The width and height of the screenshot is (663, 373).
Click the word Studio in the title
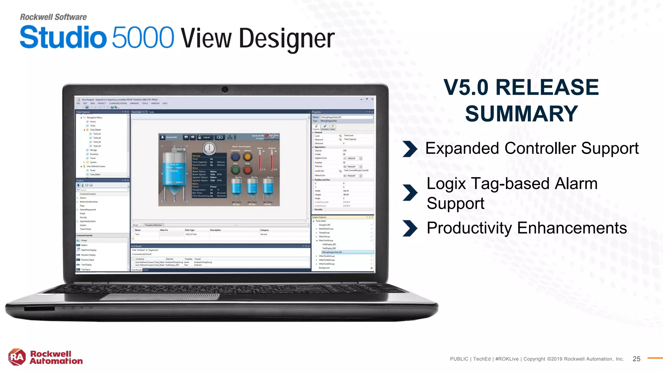pyautogui.click(x=63, y=38)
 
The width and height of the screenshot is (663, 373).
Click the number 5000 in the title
pyautogui.click(x=143, y=38)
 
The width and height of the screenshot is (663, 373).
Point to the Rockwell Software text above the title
pyautogui.click(x=53, y=17)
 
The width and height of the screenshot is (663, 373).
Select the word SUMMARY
pyautogui.click(x=521, y=114)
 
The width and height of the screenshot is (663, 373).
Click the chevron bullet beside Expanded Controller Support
pyautogui.click(x=410, y=149)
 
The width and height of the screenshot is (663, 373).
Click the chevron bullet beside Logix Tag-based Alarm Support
pyautogui.click(x=410, y=193)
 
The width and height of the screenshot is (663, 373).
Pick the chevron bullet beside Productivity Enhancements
pyautogui.click(x=410, y=228)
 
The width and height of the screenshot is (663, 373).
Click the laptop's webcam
pyautogui.click(x=225, y=89)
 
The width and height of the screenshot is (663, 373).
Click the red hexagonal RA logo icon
pyautogui.click(x=17, y=357)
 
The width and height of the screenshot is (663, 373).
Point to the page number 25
pyautogui.click(x=636, y=359)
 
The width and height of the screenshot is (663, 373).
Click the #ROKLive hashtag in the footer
pyautogui.click(x=507, y=359)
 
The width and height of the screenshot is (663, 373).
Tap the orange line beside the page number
pyautogui.click(x=655, y=358)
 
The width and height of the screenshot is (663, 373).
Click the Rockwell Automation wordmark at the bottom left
pyautogui.click(x=56, y=357)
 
